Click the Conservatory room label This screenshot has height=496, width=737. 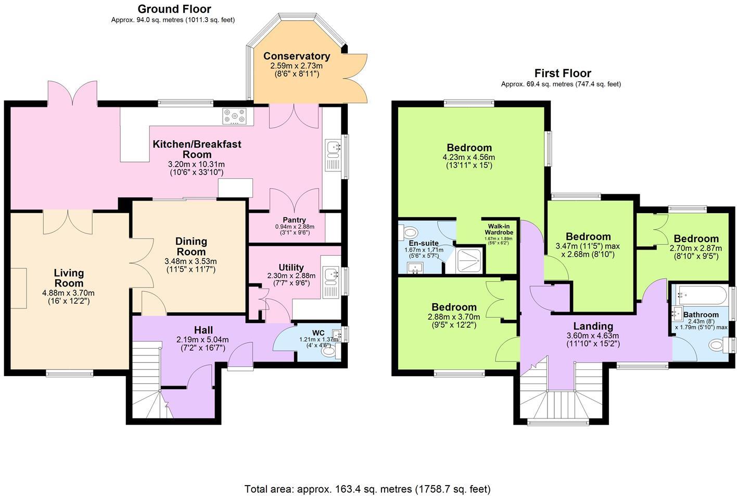tap(296, 56)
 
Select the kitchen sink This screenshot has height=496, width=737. tap(332, 148)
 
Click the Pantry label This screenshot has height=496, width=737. tap(294, 220)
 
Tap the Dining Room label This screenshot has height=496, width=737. tap(191, 246)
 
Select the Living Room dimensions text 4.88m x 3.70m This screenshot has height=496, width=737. tap(68, 293)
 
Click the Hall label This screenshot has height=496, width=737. tap(203, 330)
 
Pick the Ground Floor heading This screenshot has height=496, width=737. tap(174, 9)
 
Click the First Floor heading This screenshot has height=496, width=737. tap(563, 73)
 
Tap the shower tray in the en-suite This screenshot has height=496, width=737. tap(469, 260)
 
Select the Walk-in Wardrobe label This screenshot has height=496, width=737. tap(499, 229)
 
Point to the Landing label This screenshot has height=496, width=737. tap(593, 327)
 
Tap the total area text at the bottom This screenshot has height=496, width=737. tap(367, 489)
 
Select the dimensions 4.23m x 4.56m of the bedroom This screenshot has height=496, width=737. tap(468, 157)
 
